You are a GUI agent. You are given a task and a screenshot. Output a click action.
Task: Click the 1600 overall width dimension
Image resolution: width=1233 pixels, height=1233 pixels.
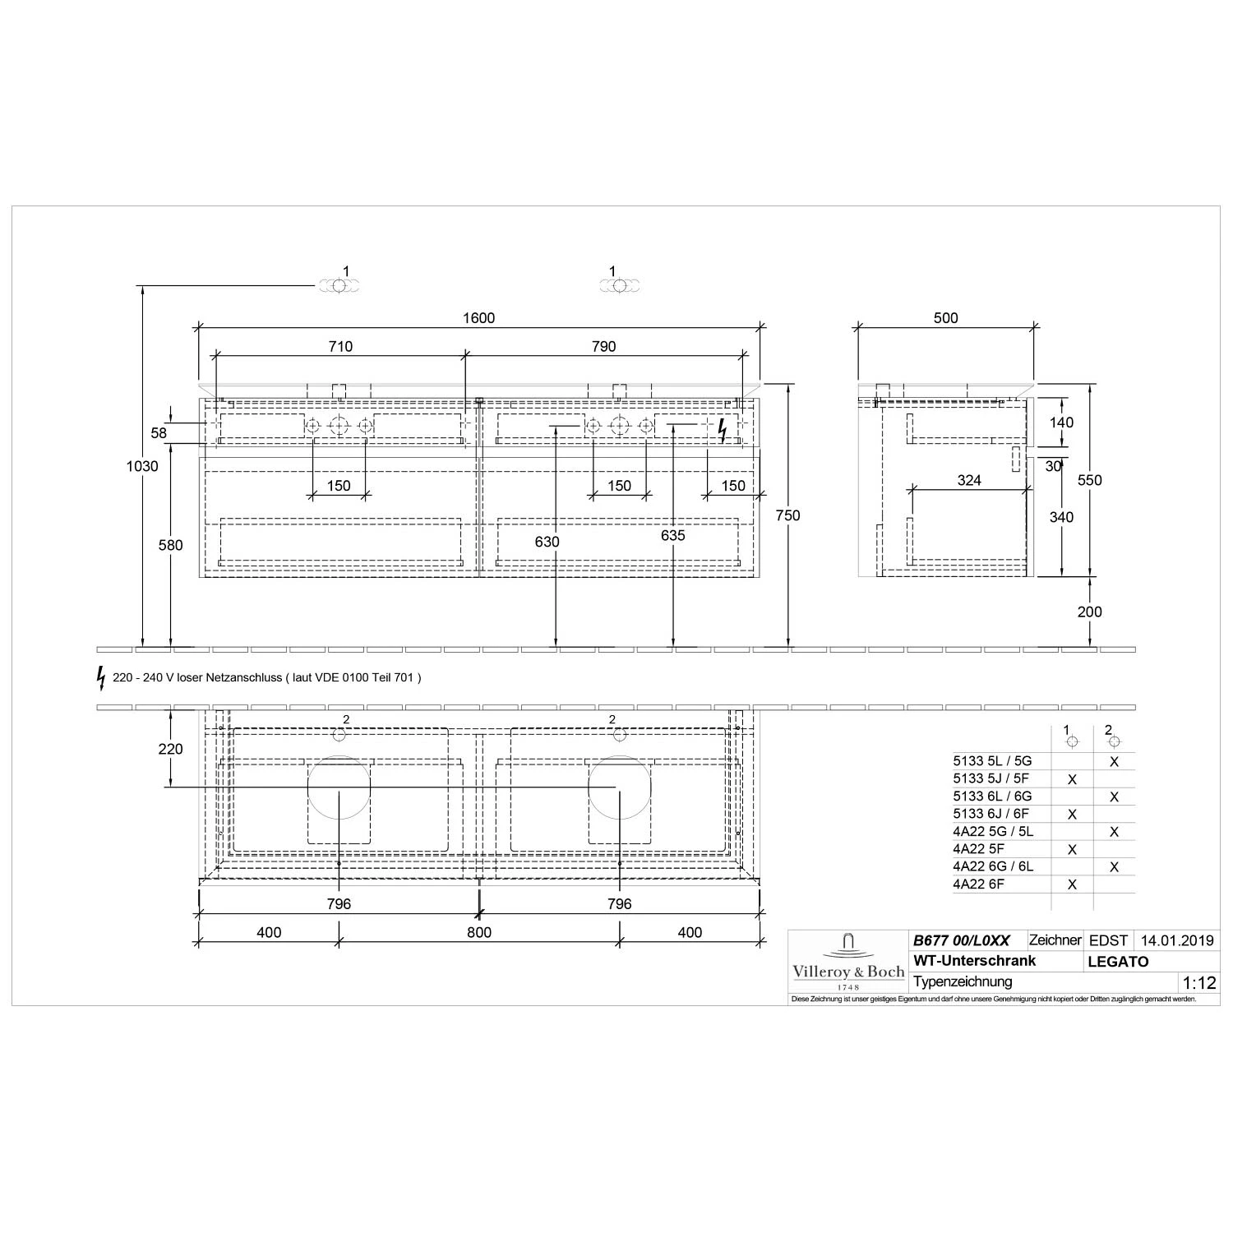[478, 318]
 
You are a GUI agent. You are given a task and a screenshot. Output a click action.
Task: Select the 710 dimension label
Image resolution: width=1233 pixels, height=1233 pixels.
[340, 347]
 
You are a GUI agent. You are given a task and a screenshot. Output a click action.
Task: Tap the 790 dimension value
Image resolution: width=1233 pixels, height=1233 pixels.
[603, 347]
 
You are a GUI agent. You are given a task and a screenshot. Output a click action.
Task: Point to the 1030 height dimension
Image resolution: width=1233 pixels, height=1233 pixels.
[142, 466]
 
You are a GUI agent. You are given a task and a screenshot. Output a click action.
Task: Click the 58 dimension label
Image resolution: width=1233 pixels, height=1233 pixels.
[159, 433]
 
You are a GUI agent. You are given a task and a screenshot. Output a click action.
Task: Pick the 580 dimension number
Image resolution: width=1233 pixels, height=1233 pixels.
[170, 545]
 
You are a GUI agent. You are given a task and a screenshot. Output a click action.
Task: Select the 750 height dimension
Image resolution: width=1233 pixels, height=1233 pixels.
[787, 515]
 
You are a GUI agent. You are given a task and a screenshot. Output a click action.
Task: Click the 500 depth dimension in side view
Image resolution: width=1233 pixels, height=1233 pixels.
[946, 318]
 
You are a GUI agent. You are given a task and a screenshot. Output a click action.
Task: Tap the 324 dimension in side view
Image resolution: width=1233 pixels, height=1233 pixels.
[969, 480]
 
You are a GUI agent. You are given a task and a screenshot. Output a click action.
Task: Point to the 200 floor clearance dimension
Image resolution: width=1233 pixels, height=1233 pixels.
[1089, 612]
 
